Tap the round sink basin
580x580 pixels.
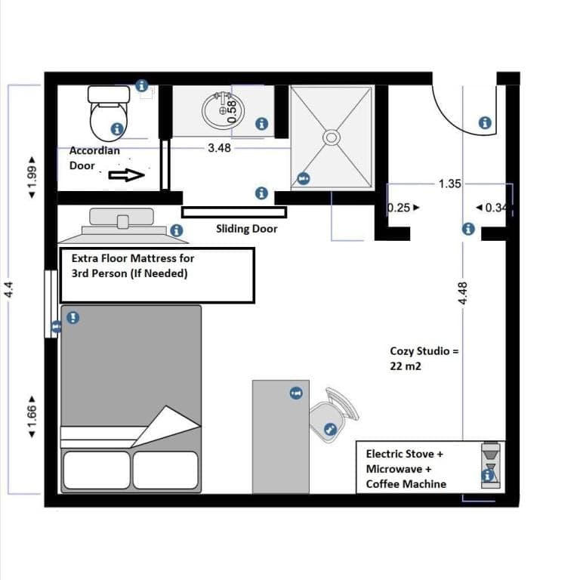click(x=223, y=110)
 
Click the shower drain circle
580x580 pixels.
click(x=332, y=137)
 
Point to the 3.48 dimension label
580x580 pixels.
click(x=219, y=148)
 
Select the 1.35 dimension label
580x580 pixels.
click(x=450, y=184)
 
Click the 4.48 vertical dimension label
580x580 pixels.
click(x=463, y=293)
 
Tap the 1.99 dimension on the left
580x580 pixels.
click(x=32, y=177)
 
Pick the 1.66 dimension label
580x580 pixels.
click(x=32, y=417)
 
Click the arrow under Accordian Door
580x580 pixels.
click(x=127, y=175)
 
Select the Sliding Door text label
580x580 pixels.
click(x=247, y=229)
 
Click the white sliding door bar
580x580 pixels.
click(x=234, y=212)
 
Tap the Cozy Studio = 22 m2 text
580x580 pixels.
click(x=424, y=359)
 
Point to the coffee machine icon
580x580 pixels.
click(x=491, y=465)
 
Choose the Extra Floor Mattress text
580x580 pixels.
click(x=133, y=266)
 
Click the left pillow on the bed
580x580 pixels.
click(x=97, y=470)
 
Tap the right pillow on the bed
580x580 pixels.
click(x=165, y=470)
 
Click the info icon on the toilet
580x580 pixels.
click(x=117, y=129)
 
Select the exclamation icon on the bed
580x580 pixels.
click(x=72, y=317)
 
